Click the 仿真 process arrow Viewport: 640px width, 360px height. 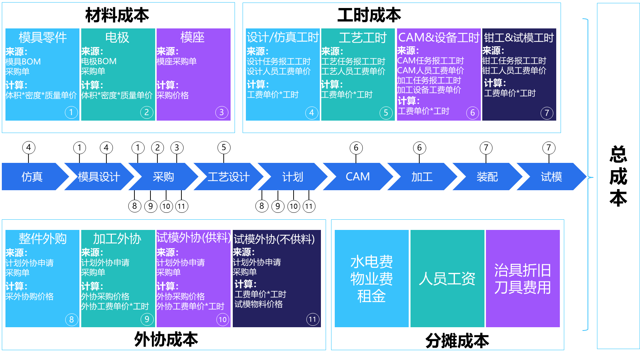[32, 177]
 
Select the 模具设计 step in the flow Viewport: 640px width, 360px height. [99, 177]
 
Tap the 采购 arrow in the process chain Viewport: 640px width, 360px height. [163, 177]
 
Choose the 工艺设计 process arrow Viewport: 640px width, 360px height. [228, 177]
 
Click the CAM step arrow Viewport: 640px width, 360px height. [357, 177]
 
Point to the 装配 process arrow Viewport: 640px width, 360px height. [487, 177]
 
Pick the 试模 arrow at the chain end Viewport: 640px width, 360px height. [551, 177]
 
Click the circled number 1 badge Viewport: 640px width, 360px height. [71, 112]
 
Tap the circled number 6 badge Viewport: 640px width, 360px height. [472, 113]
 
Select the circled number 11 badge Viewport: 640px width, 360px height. [313, 320]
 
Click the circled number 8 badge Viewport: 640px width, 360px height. [71, 320]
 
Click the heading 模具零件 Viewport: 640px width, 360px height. [43, 37]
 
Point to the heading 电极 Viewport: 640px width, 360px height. [117, 37]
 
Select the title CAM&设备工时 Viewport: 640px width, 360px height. [439, 37]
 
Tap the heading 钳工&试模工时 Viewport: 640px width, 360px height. [519, 38]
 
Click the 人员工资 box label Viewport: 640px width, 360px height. [447, 279]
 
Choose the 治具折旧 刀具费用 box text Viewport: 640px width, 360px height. [522, 279]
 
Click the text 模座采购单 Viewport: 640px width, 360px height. [177, 61]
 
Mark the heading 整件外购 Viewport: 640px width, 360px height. [43, 239]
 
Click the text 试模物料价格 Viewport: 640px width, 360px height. [259, 304]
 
